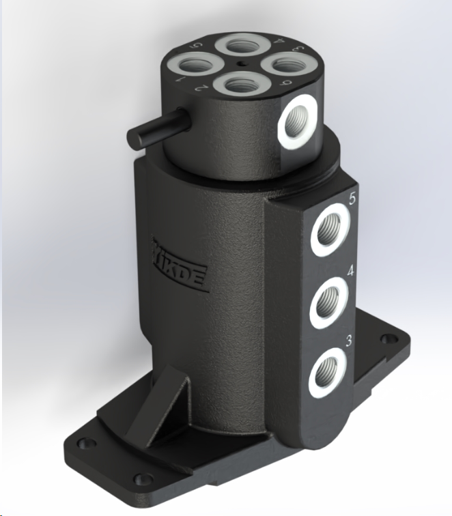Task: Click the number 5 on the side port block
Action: pyautogui.click(x=352, y=200)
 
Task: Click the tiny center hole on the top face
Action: pyautogui.click(x=241, y=66)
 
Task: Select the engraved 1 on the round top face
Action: pyautogui.click(x=181, y=81)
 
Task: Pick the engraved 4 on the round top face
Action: pyautogui.click(x=279, y=42)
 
